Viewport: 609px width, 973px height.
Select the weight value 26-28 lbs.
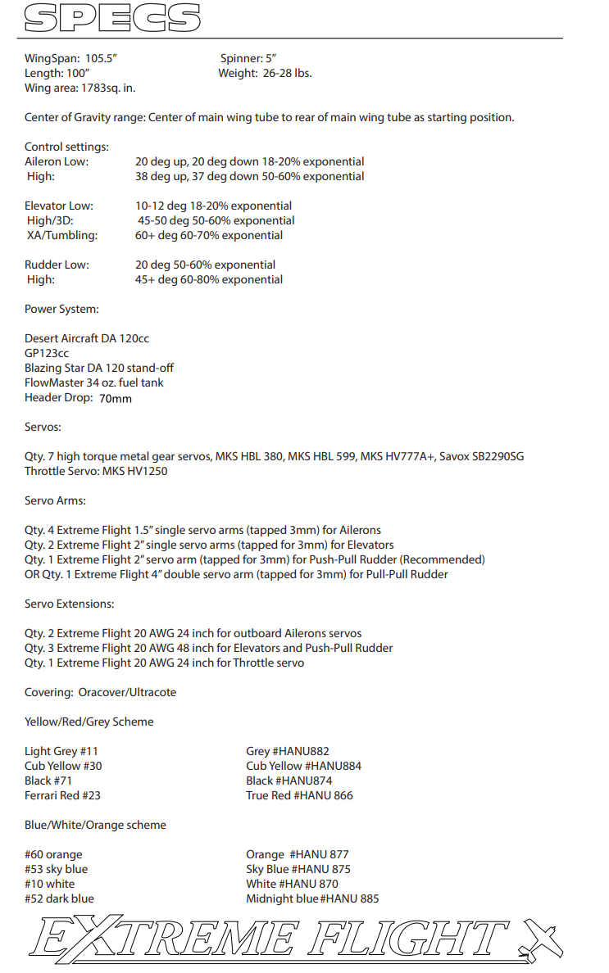click(x=287, y=73)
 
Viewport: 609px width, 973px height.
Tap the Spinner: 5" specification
click(x=248, y=58)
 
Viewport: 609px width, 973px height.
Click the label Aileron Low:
click(x=57, y=161)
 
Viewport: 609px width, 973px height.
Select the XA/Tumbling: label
click(x=62, y=235)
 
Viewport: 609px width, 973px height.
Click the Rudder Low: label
click(x=57, y=265)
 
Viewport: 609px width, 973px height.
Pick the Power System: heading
click(x=61, y=309)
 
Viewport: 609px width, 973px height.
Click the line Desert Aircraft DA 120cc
click(x=87, y=338)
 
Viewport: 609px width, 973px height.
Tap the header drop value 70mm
click(x=116, y=399)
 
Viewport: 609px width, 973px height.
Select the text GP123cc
click(x=47, y=353)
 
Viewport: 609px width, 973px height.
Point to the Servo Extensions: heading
click(x=70, y=604)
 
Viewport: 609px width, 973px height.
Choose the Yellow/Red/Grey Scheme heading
click(x=89, y=722)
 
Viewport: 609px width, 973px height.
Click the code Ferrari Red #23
click(x=62, y=795)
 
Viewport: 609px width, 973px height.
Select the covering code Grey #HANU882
click(x=288, y=751)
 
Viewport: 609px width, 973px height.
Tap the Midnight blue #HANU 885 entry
click(x=312, y=898)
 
